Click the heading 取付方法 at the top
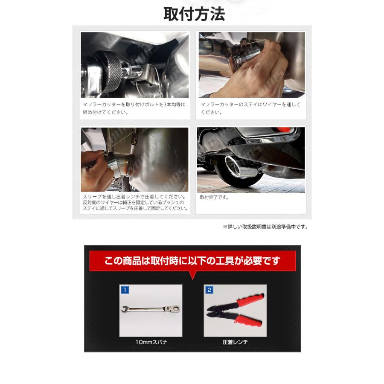194,14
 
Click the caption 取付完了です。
215,198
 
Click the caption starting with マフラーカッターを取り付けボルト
134,108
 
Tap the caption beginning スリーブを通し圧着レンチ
135,203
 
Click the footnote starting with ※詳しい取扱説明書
265,227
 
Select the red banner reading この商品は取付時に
192,261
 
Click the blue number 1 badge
125,290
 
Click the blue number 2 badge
209,290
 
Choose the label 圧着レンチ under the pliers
235,342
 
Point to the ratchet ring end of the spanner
174,308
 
